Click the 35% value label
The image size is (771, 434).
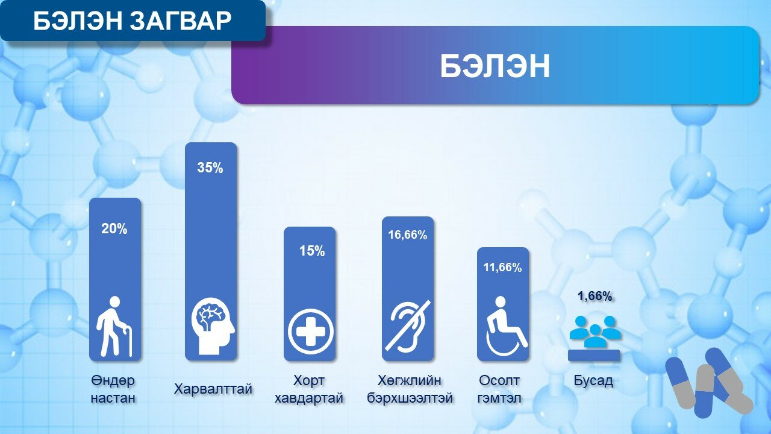pos(210,168)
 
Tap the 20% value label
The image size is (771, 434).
pos(114,228)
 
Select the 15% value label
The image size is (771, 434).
pos(312,251)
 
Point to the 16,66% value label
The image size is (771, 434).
pos(408,235)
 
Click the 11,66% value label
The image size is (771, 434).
pos(502,267)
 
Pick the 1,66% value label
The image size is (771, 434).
pos(595,296)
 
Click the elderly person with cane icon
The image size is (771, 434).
pos(114,326)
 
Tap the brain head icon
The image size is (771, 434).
pos(213,326)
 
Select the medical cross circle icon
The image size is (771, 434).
pos(311,332)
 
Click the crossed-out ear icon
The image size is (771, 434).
pos(408,325)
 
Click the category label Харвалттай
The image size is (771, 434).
pos(213,389)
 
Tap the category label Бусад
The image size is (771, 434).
pos(593,380)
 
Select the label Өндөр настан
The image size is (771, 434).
pos(113,389)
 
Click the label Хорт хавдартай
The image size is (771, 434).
pos(309,389)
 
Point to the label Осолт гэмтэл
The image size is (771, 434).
pos(499,389)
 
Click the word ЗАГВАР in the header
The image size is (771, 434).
pos(181,20)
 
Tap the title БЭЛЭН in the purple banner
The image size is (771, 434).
pos(495,66)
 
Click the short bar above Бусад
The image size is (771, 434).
pos(594,356)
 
